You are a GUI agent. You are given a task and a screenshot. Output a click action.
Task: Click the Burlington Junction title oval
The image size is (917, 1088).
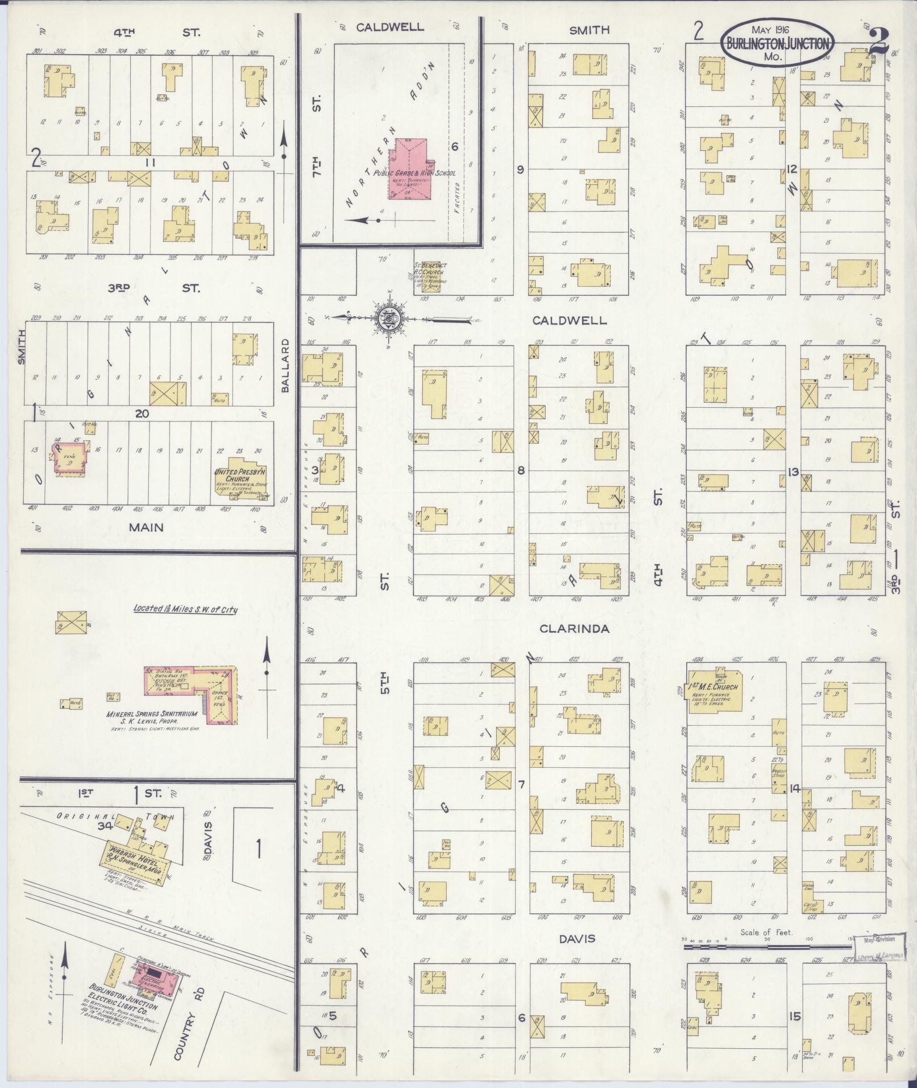click(x=777, y=43)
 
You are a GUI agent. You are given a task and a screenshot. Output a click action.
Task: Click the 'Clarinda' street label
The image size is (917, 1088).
click(x=574, y=629)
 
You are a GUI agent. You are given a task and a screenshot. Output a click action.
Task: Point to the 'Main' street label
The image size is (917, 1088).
click(x=146, y=527)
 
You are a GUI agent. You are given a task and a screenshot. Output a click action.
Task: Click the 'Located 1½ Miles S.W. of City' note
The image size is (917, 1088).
click(x=185, y=609)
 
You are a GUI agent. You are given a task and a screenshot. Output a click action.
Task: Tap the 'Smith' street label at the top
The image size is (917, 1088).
click(x=590, y=30)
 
